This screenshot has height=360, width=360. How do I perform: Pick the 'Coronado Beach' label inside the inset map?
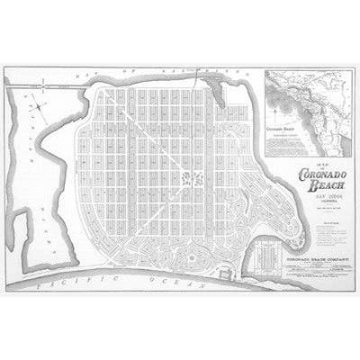point(281,130)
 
